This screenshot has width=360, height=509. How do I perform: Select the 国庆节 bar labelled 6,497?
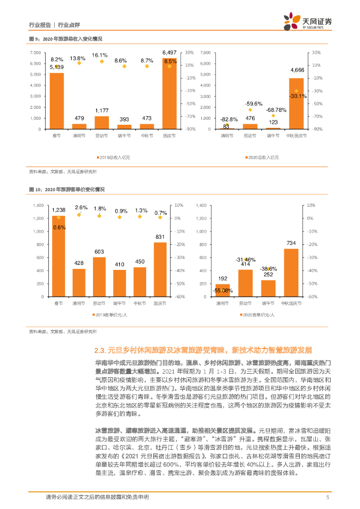click(170, 94)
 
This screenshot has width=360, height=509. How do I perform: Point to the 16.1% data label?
click(100, 55)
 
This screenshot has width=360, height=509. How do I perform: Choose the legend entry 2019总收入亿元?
click(112, 157)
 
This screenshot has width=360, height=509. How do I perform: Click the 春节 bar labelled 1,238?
click(58, 256)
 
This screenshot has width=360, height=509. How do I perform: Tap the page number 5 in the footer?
click(327, 497)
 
